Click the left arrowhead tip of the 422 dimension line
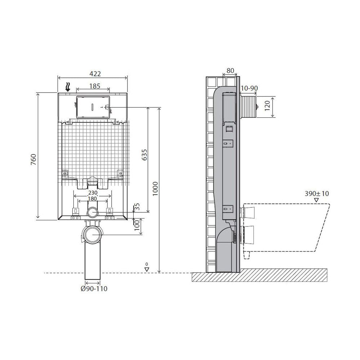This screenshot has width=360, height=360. click(58, 78)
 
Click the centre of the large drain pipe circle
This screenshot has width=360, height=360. click(93, 235)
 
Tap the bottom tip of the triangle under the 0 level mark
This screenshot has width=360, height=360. click(147, 271)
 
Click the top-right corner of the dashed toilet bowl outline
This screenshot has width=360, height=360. click(330, 204)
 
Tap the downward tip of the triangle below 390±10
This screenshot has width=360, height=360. click(316, 202)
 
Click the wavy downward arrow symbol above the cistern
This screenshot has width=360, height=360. click(68, 87)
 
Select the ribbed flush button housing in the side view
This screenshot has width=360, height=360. click(248, 107)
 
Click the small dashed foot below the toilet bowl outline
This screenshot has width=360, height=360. click(246, 255)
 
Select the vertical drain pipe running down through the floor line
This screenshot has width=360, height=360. click(93, 261)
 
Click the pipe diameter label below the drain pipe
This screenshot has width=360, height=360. click(94, 289)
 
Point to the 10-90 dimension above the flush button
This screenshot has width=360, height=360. click(249, 88)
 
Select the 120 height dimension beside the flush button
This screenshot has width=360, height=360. click(267, 105)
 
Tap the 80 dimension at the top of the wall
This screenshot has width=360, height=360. click(230, 71)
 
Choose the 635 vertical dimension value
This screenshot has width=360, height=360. click(144, 155)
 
